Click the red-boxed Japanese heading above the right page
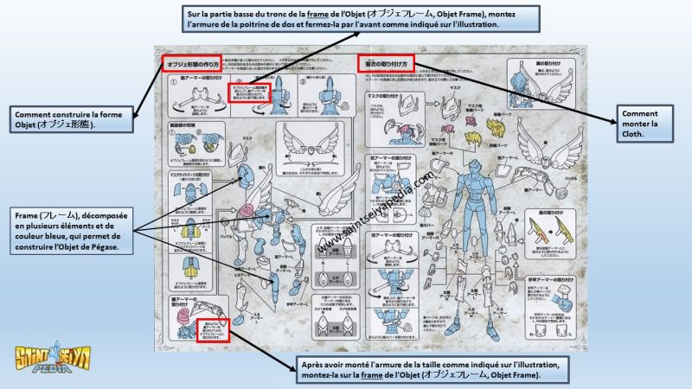click(x=386, y=63)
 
